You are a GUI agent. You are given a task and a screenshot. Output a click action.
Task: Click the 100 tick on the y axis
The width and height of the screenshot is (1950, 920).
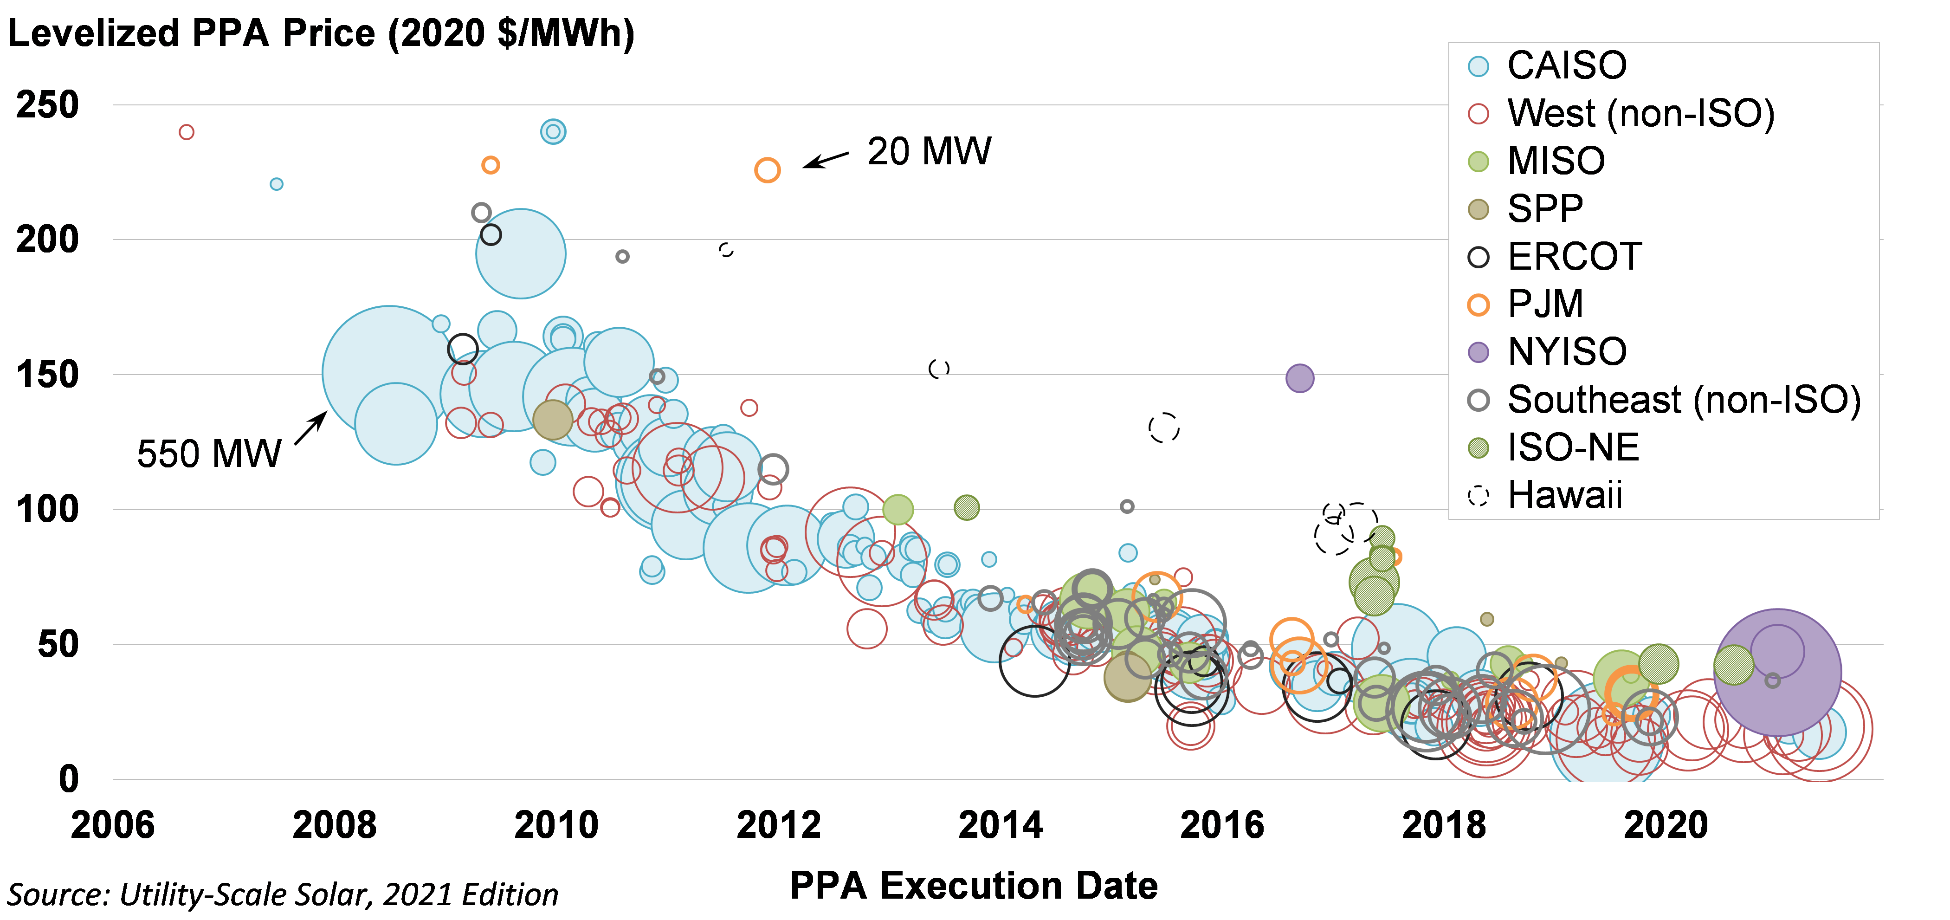[47, 510]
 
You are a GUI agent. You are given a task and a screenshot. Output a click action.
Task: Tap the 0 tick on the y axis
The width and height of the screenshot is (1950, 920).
[68, 779]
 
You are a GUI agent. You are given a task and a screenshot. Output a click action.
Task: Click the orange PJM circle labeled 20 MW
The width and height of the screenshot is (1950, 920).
[767, 170]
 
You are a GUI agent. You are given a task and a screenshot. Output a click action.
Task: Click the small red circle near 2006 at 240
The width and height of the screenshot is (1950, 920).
[186, 132]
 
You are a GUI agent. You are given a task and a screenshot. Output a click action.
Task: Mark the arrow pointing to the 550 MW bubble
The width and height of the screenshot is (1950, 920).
[310, 428]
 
